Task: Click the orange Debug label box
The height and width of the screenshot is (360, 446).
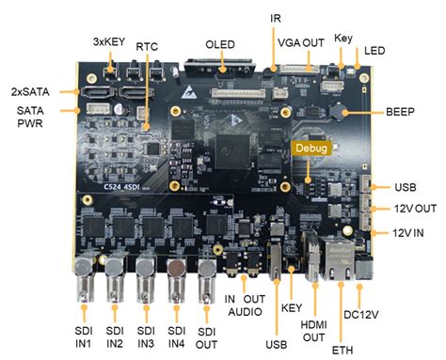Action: click(311, 148)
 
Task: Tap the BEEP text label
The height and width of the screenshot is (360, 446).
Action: click(400, 112)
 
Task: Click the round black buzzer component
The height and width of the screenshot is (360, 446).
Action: click(336, 111)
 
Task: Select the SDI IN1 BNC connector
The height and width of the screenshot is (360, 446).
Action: click(84, 278)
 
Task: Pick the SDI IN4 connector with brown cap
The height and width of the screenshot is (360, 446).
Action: click(177, 279)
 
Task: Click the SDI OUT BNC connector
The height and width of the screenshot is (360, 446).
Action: click(207, 280)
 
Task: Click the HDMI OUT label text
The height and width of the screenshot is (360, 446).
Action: click(313, 331)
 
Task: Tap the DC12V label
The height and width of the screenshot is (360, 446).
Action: click(361, 315)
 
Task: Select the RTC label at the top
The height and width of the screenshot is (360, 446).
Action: click(147, 47)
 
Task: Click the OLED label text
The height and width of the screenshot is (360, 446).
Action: click(220, 44)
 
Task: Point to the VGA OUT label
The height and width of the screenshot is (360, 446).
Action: click(301, 42)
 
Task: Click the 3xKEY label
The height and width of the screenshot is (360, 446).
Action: click(109, 41)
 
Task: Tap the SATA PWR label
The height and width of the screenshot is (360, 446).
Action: click(30, 117)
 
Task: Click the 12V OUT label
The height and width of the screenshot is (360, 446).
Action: click(415, 209)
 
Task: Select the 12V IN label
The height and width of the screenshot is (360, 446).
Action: click(408, 233)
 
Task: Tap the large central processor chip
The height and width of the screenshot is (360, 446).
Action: click(232, 151)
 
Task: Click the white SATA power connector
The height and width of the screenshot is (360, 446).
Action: click(98, 108)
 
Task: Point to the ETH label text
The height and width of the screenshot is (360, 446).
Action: click(342, 350)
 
